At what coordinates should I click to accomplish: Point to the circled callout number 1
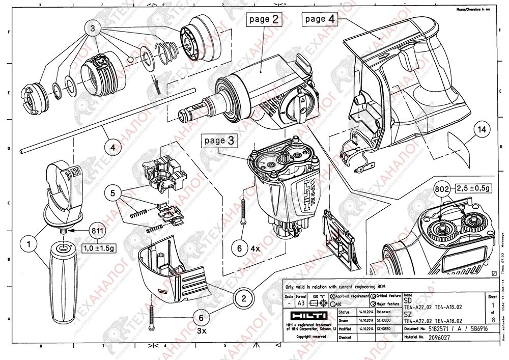(x=30, y=244)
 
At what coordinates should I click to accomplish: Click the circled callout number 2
(x=244, y=299)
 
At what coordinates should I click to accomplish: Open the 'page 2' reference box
(x=264, y=19)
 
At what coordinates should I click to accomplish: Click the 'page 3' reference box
(x=220, y=141)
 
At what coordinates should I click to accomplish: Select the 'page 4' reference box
(x=320, y=19)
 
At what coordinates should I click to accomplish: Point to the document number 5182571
(x=442, y=329)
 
